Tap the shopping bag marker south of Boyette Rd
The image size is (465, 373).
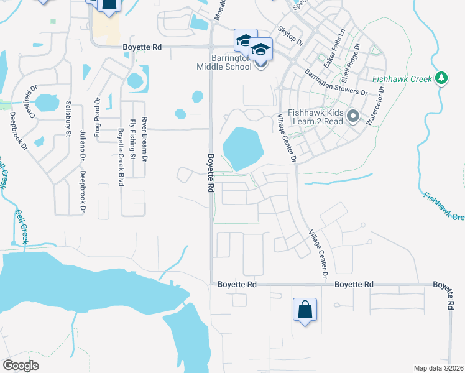305,310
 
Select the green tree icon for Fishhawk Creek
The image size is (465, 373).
441,78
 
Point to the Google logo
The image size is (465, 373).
21,366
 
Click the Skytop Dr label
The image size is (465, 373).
290,37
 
